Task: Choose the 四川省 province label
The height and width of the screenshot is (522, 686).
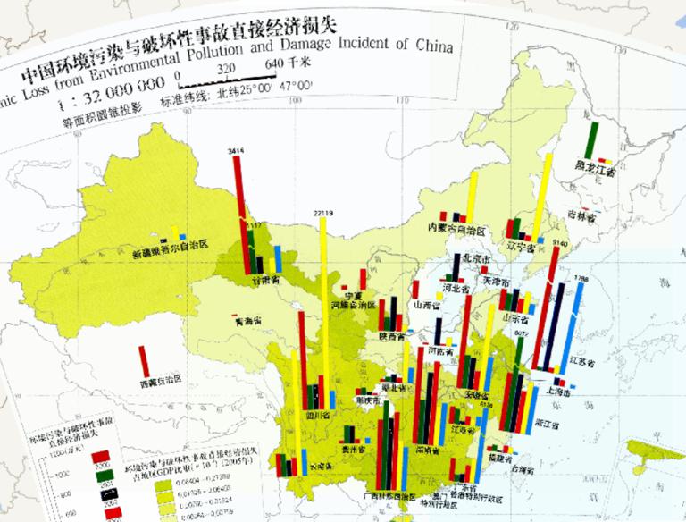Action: pos(319,416)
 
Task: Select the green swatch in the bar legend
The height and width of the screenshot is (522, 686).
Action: pos(101,475)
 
